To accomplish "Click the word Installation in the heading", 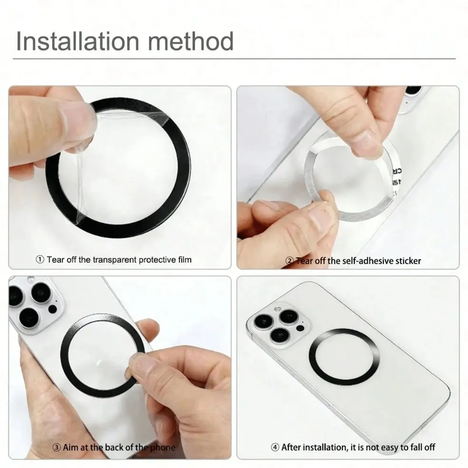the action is click(78, 41).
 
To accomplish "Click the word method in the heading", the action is click(191, 41).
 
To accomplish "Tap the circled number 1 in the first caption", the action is click(40, 259).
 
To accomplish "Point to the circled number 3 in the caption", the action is click(57, 447).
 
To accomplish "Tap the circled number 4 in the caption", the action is click(275, 447).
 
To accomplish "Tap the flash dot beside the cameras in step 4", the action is click(301, 328).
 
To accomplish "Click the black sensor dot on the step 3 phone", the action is click(52, 309).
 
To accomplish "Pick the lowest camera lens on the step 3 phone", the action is click(29, 317).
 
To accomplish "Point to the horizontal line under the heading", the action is click(234, 59).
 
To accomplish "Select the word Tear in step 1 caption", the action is click(56, 260).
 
